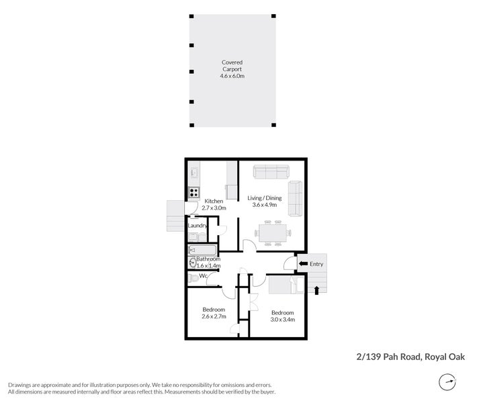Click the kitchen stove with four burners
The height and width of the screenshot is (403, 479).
193,192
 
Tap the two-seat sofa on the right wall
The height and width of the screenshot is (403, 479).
295,198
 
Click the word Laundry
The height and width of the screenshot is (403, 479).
198,226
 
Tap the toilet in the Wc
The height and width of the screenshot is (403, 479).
193,277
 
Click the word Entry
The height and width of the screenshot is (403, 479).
316,264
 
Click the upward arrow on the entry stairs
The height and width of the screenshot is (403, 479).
316,290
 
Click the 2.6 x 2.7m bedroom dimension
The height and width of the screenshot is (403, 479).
214,316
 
